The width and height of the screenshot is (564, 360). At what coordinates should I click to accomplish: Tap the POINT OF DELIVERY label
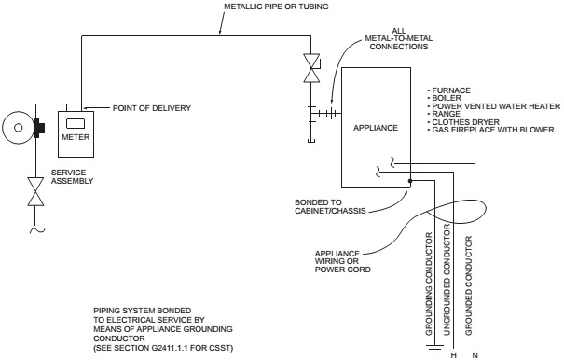tap(151, 108)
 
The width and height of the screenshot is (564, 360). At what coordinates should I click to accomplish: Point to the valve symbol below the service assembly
tap(35, 192)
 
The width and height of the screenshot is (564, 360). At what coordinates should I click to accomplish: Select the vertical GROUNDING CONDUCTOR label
tap(430, 281)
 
